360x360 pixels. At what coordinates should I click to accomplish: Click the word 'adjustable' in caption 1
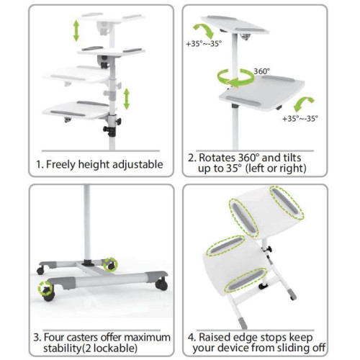point(136,164)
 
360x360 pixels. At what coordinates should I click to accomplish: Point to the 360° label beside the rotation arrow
point(262,71)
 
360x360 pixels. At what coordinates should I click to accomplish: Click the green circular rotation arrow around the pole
point(234,76)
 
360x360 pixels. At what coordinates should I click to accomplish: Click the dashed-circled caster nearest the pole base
point(110,264)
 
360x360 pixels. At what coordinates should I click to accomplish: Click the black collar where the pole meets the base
point(88,262)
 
